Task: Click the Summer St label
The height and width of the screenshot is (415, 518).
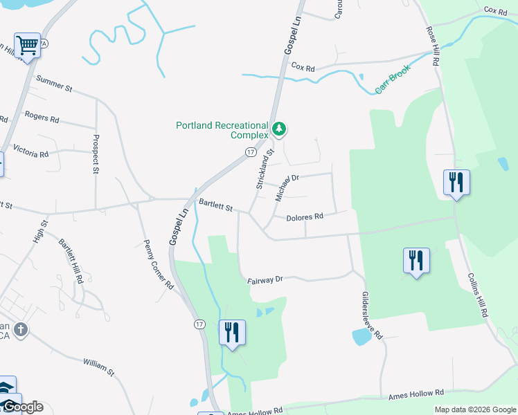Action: coord(54,84)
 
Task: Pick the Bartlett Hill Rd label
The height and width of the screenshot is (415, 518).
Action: coord(71,261)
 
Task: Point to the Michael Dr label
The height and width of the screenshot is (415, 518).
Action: coord(286,187)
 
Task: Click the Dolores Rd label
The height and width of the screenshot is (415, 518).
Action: coord(305,216)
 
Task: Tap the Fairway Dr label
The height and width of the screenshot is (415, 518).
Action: coord(265,280)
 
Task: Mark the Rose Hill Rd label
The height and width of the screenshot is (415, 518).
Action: coord(433,47)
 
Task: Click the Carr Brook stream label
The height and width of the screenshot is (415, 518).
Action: coord(393,79)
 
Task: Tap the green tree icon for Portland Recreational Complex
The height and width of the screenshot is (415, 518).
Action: coord(279,128)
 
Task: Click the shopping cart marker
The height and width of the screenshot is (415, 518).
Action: coord(28,46)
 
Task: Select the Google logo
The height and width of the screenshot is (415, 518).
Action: coord(22,407)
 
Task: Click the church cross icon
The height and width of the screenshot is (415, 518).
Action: coord(21,329)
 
